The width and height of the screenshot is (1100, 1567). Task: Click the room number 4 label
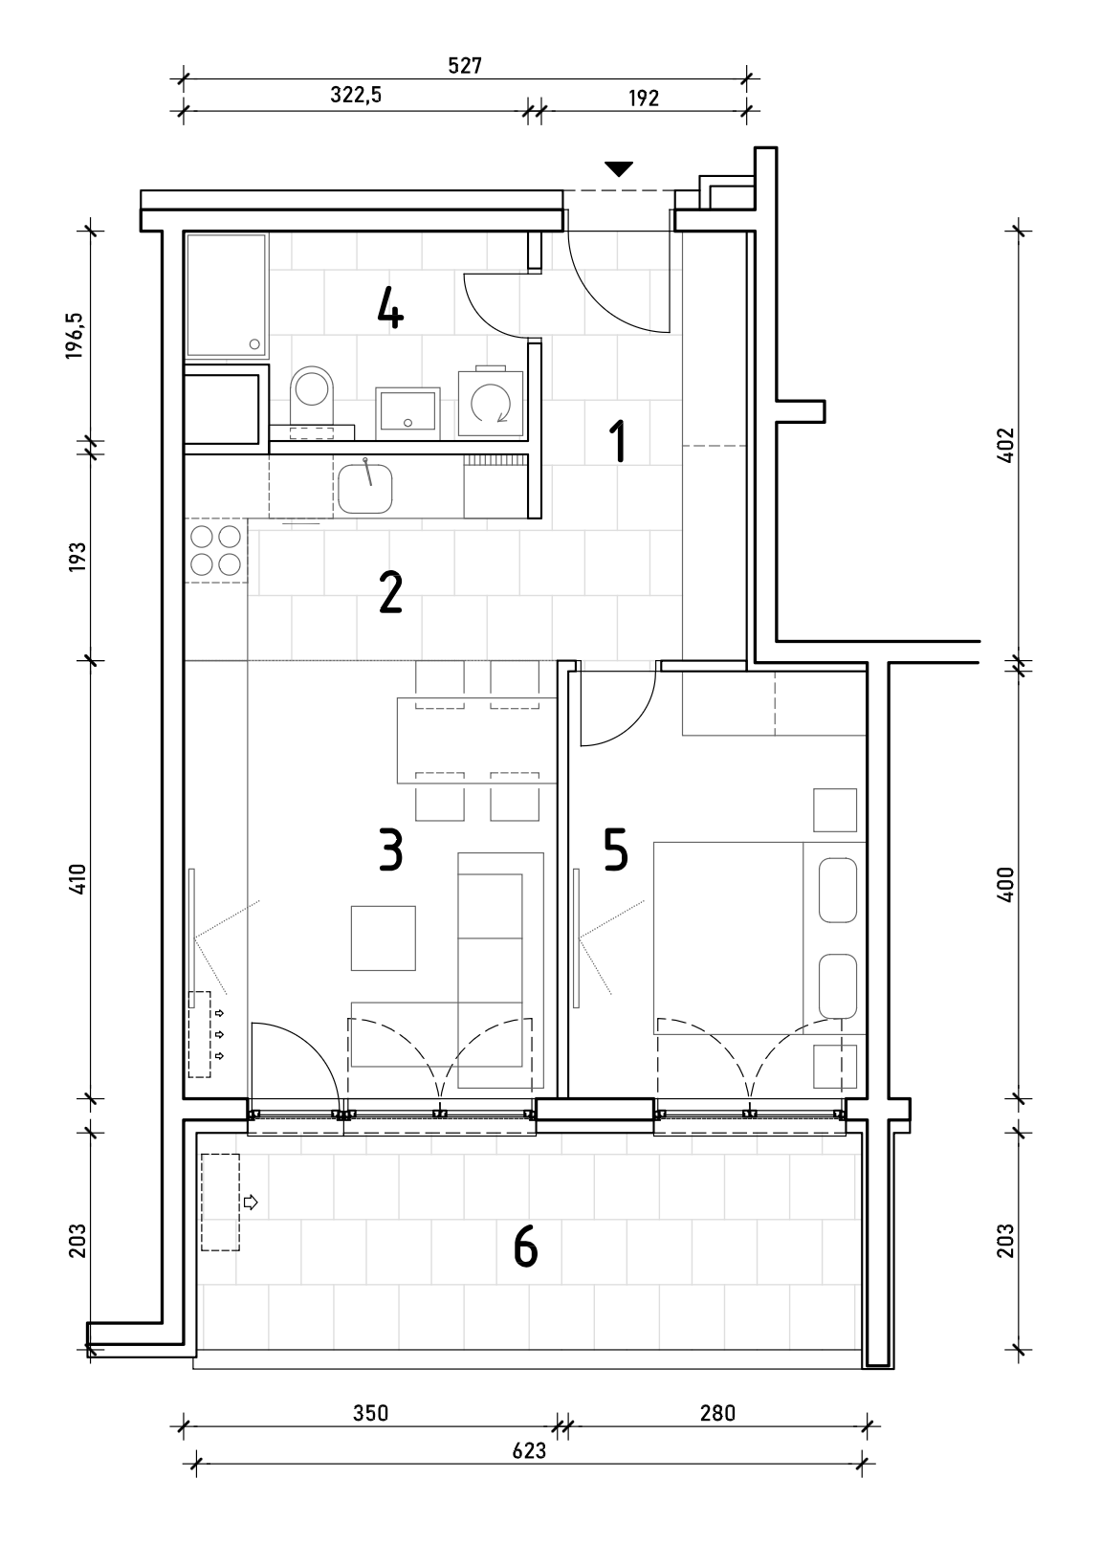(x=390, y=310)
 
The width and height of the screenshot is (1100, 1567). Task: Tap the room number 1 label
(x=618, y=441)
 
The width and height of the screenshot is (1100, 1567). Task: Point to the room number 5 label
(x=616, y=850)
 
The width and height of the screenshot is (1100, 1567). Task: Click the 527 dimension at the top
(x=465, y=66)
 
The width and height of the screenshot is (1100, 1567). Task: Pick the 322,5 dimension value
(x=356, y=95)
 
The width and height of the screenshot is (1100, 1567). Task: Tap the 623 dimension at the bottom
(x=529, y=1451)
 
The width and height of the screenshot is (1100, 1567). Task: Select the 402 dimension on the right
(x=1005, y=444)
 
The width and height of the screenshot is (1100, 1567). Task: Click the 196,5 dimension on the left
(x=76, y=336)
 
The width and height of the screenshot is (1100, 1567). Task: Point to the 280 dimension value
(x=717, y=1413)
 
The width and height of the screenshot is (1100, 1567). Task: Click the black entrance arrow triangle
(x=619, y=169)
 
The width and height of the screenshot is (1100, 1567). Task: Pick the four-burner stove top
(x=216, y=550)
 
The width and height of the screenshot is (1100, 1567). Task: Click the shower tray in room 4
(x=226, y=296)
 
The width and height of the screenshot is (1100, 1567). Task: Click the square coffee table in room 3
(x=384, y=938)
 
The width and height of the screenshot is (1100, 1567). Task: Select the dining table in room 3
(x=477, y=739)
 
